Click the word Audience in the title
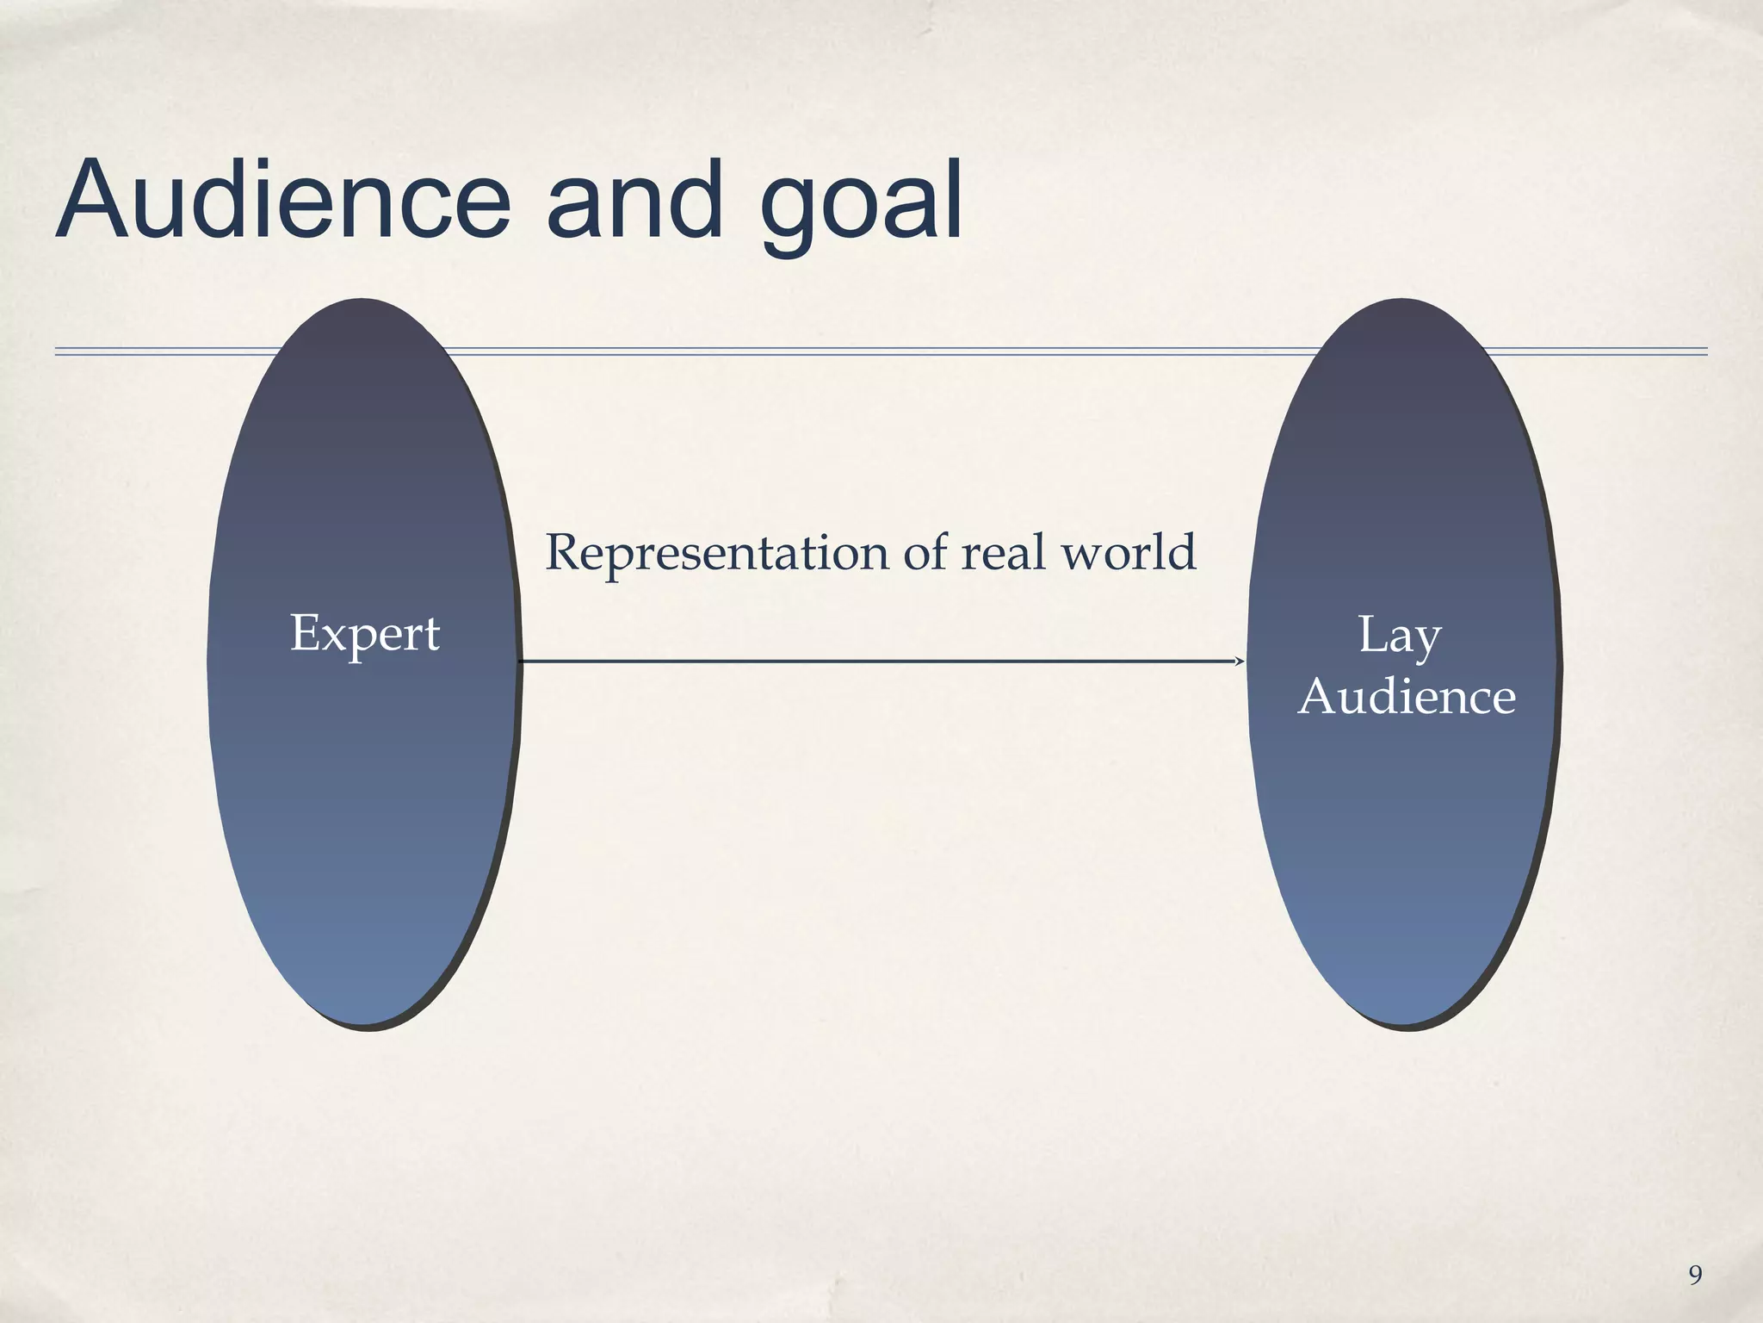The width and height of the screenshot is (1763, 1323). point(284,201)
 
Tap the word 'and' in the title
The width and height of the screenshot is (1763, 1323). point(634,201)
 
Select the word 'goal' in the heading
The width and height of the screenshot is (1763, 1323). point(861,207)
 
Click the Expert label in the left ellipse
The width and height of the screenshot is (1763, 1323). point(365,635)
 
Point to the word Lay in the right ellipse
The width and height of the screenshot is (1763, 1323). point(1400,637)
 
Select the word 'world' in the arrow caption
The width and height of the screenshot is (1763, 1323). point(1129,552)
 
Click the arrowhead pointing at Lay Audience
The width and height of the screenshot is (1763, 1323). point(1240,661)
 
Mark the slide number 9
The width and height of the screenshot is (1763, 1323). point(1695,1275)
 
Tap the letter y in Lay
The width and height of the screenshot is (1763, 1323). point(1427,643)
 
